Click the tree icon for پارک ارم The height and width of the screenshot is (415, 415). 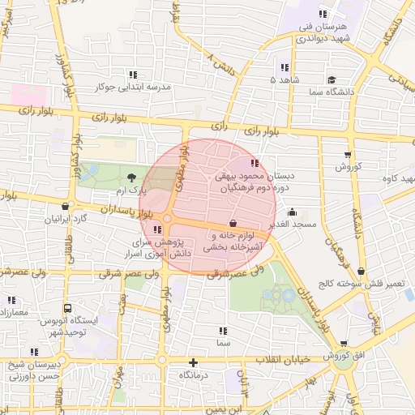click(x=133, y=178)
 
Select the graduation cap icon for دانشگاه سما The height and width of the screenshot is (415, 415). click(x=332, y=79)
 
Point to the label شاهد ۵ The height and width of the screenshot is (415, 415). click(x=285, y=80)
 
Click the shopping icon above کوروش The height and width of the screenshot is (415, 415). click(x=348, y=154)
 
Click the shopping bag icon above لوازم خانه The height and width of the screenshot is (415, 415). click(x=233, y=222)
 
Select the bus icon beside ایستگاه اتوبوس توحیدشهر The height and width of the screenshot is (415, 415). click(x=67, y=308)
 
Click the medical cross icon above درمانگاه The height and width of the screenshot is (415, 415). click(x=193, y=362)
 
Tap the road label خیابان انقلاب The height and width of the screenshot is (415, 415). click(x=279, y=358)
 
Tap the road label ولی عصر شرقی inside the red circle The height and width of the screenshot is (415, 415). click(x=221, y=275)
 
